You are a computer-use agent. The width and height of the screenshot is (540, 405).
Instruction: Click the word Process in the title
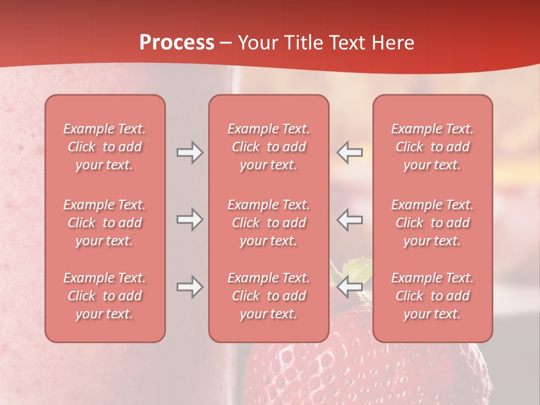(x=177, y=43)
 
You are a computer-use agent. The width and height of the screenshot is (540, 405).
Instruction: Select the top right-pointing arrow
(x=190, y=152)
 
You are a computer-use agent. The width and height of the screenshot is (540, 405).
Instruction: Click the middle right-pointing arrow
(x=190, y=219)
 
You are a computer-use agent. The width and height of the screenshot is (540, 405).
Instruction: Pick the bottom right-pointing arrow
(x=190, y=287)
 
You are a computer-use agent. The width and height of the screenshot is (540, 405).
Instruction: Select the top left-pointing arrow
(x=350, y=152)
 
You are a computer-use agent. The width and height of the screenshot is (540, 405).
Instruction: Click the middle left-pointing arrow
(x=350, y=219)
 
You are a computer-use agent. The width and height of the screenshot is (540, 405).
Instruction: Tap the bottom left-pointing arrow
(x=350, y=287)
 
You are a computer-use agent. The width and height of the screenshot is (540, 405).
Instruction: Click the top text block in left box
(x=105, y=147)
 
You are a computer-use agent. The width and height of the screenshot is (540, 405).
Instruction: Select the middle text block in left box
(x=105, y=223)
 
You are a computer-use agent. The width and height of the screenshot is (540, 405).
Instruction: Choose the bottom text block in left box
(x=105, y=296)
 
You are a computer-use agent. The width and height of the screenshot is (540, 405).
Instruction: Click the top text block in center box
(x=268, y=147)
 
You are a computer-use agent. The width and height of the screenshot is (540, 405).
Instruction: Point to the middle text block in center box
(x=268, y=223)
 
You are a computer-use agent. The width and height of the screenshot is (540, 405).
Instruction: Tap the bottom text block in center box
(x=268, y=296)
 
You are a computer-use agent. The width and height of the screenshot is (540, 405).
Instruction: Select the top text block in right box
(x=432, y=147)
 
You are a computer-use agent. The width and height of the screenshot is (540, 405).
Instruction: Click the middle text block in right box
(x=432, y=223)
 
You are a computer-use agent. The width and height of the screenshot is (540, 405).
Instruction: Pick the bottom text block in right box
(x=432, y=296)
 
